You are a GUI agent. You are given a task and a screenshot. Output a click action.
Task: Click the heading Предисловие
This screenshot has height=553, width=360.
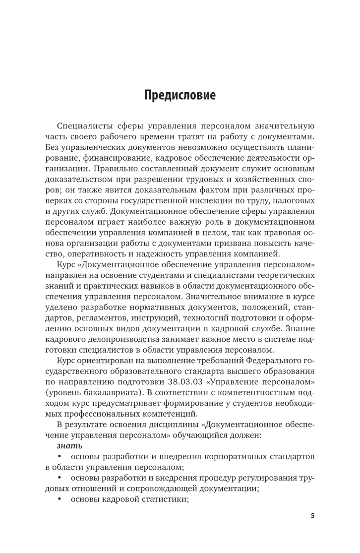click(180, 95)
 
